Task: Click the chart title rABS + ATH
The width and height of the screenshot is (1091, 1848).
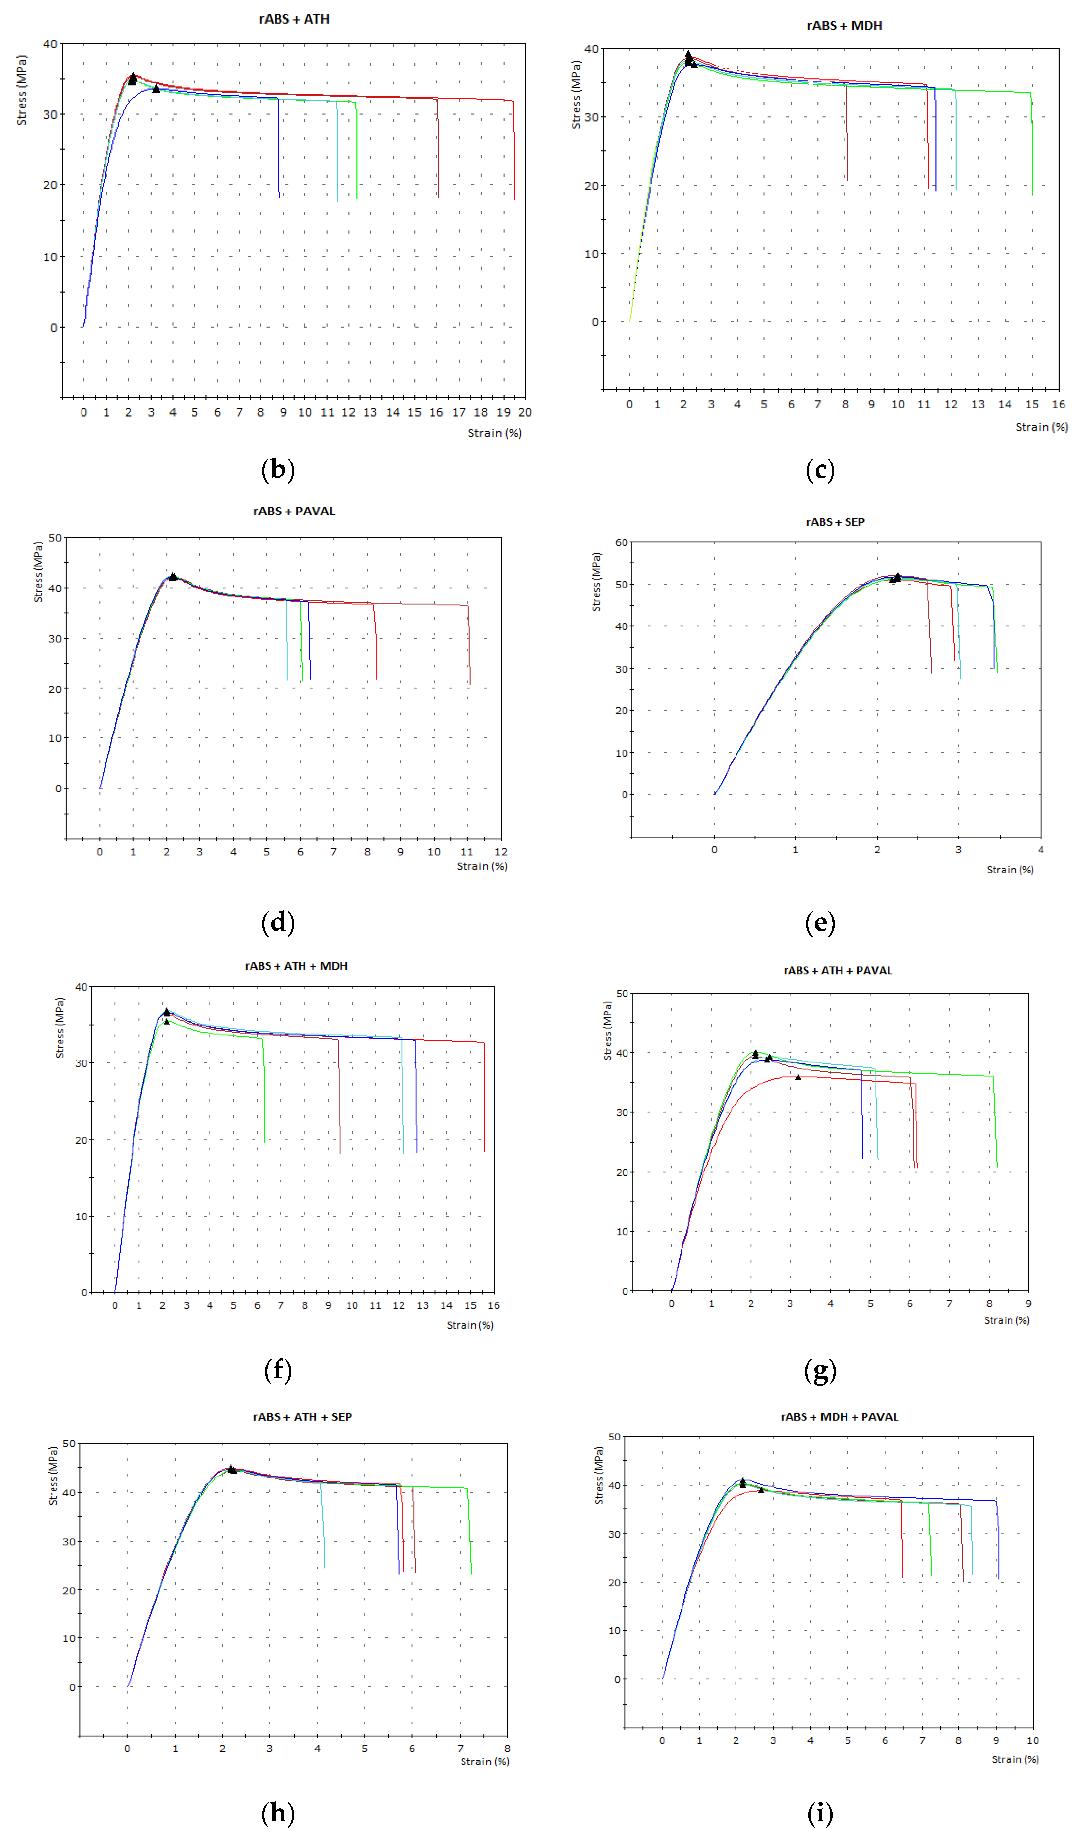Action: click(x=294, y=19)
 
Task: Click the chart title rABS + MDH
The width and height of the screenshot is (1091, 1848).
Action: click(x=844, y=26)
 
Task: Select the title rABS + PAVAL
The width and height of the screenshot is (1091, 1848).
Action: click(x=294, y=511)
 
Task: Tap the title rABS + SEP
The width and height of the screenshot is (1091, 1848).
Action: click(x=835, y=522)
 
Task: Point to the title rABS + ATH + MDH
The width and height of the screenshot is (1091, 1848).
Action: click(x=296, y=966)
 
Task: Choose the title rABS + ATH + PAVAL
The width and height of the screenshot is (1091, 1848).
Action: click(x=837, y=970)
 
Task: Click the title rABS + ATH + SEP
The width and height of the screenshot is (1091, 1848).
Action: click(x=302, y=1417)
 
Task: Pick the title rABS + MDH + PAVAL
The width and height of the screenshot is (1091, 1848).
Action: click(x=839, y=1417)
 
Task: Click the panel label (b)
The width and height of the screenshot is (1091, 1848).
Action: click(x=278, y=469)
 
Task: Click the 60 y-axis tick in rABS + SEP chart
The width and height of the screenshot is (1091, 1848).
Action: click(x=621, y=542)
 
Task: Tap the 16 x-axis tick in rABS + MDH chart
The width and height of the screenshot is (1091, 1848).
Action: click(x=1058, y=404)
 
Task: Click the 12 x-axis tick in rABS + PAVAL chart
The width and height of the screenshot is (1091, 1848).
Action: click(x=501, y=852)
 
